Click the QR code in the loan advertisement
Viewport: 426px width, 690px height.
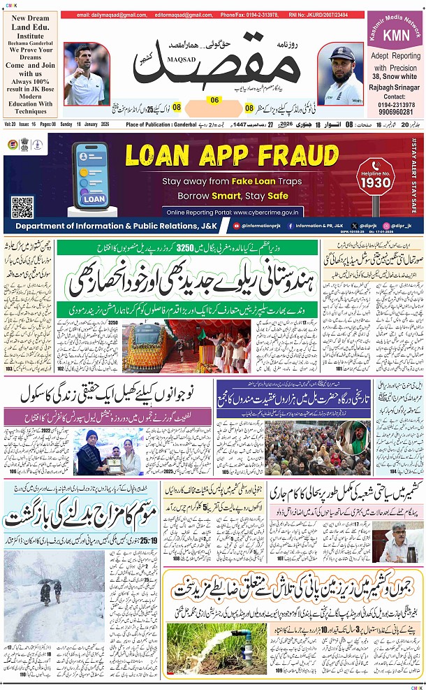tap(22, 207)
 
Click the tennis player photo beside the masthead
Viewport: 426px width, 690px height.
tap(85, 73)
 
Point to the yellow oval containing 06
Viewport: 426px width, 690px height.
tap(214, 100)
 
